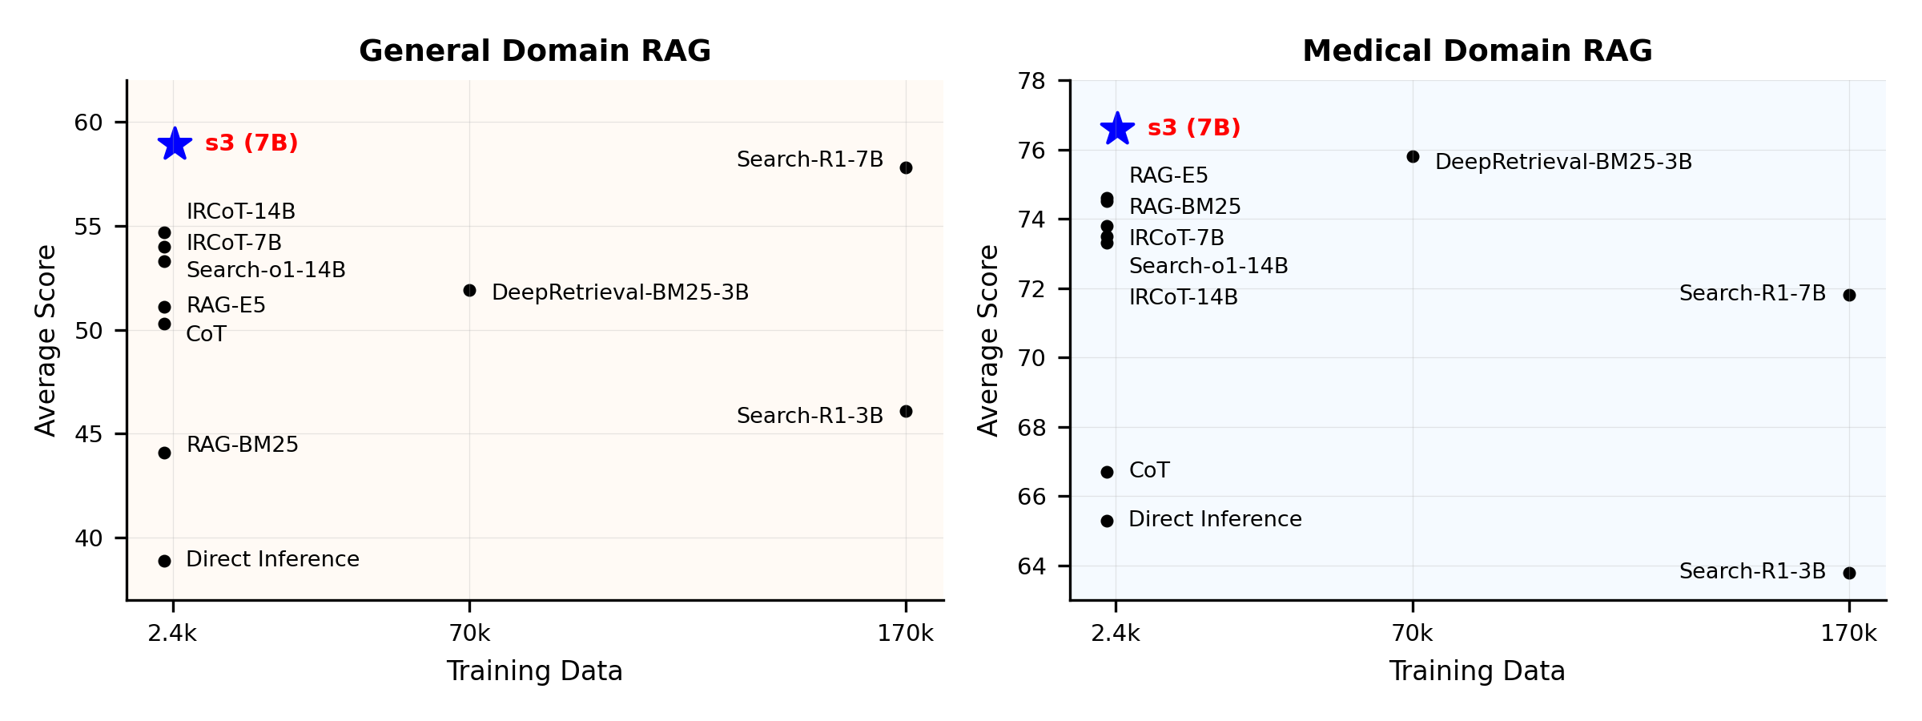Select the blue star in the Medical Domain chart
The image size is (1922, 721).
pyautogui.click(x=1117, y=129)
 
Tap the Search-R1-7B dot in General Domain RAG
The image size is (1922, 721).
pyautogui.click(x=906, y=168)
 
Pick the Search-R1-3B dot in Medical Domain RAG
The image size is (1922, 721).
pyautogui.click(x=1849, y=574)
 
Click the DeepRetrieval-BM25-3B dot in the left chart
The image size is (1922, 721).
pyautogui.click(x=469, y=291)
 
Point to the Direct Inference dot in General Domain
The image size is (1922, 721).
pyautogui.click(x=164, y=562)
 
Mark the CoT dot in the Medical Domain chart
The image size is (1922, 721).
pyautogui.click(x=1107, y=473)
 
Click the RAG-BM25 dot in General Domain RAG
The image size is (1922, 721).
pyautogui.click(x=164, y=453)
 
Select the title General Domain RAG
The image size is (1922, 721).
pyautogui.click(x=534, y=51)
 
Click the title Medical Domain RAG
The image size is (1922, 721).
pyautogui.click(x=1477, y=51)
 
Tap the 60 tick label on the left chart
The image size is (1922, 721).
pyautogui.click(x=89, y=123)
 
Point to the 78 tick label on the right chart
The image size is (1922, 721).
pyautogui.click(x=1031, y=81)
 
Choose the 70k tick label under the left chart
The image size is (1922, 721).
pyautogui.click(x=469, y=634)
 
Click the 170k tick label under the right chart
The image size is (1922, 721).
pyautogui.click(x=1848, y=634)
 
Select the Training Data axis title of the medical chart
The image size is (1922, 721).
pyautogui.click(x=1477, y=671)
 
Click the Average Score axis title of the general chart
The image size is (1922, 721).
pyautogui.click(x=46, y=340)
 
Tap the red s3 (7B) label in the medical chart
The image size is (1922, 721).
pyautogui.click(x=1193, y=128)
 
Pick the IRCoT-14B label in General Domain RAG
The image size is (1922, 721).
pyautogui.click(x=241, y=211)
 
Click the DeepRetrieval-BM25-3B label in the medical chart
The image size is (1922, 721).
pyautogui.click(x=1563, y=163)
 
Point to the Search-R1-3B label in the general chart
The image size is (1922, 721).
pyautogui.click(x=810, y=416)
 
